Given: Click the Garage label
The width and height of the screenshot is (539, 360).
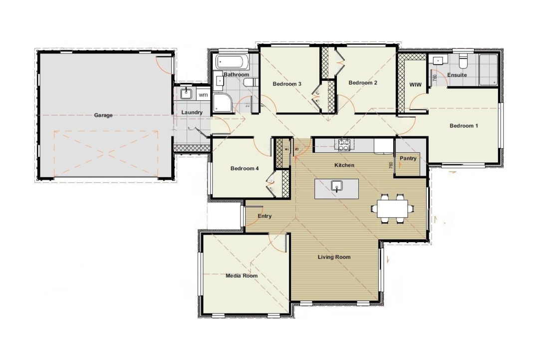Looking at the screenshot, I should pos(103,115).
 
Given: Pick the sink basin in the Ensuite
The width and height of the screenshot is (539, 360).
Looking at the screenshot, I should pos(437,60).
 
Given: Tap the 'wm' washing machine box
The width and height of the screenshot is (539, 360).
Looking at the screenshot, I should pos(203,94).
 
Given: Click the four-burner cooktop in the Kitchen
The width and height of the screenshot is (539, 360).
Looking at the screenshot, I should pos(344,145).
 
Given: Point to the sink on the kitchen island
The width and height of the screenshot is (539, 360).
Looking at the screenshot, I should pos(337,187).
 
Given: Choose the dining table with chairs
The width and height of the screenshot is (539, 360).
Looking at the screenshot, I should pos(392,207).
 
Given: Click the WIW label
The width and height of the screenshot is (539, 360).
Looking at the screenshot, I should pos(415,85).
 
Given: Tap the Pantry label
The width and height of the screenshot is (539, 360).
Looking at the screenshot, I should pos(408,158).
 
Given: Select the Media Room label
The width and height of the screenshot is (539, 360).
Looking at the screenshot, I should pos(242,276).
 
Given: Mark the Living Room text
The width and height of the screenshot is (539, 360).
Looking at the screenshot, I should pos(334,257).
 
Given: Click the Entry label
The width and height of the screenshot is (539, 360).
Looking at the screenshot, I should pos(265,216).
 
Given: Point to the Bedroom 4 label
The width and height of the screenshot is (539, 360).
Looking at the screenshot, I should pos(245,169).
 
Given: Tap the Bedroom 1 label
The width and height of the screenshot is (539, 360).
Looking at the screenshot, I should pos(464,126).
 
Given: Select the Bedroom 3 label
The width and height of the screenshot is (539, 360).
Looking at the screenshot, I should pos(286,84).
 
